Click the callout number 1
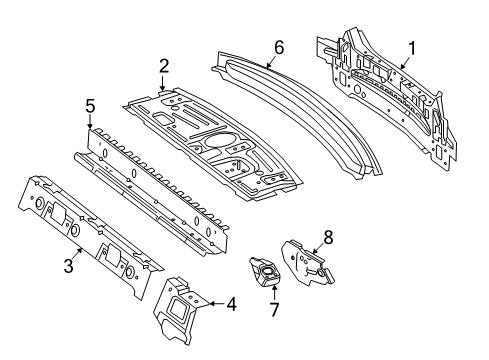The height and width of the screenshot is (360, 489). (412, 49)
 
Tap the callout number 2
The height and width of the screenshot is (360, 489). (164, 66)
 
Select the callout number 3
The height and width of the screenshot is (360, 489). (68, 266)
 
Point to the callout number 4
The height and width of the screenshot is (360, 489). (231, 304)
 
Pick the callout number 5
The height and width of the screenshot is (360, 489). (90, 106)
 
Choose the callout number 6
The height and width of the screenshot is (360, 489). (279, 47)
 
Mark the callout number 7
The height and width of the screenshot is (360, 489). (274, 309)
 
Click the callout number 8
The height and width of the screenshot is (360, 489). (328, 238)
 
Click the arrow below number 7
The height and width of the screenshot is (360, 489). (274, 293)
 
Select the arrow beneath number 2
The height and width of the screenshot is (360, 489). (162, 83)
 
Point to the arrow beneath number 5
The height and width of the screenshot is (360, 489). (89, 122)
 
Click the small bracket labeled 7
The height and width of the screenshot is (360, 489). (266, 271)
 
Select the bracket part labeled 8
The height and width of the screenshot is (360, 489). (307, 263)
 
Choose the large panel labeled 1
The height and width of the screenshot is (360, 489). (387, 97)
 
